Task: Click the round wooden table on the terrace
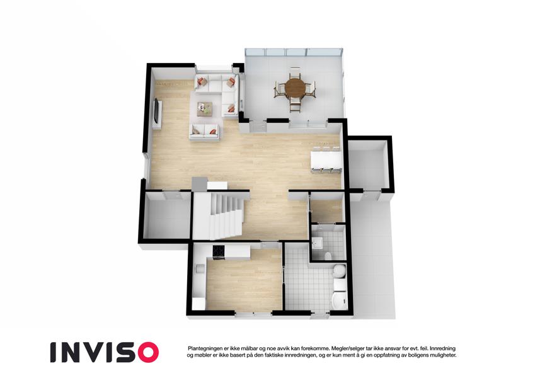[296, 88]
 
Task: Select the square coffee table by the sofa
[205, 109]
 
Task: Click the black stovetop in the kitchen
[219, 252]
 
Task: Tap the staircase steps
[226, 215]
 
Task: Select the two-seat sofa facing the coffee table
[204, 132]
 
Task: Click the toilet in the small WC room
[328, 256]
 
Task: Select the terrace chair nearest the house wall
[295, 105]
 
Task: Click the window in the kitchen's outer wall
[253, 313]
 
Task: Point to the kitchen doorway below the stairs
[271, 244]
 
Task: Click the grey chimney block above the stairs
[200, 185]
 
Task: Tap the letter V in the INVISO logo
[96, 352]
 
